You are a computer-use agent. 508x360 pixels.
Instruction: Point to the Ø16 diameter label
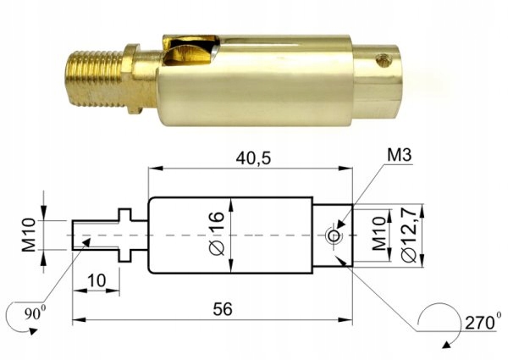click(x=217, y=235)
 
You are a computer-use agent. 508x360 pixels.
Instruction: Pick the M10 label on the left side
click(x=28, y=234)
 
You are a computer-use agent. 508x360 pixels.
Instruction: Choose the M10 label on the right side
click(x=378, y=235)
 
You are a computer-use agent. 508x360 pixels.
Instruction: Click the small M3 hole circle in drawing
click(x=335, y=235)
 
